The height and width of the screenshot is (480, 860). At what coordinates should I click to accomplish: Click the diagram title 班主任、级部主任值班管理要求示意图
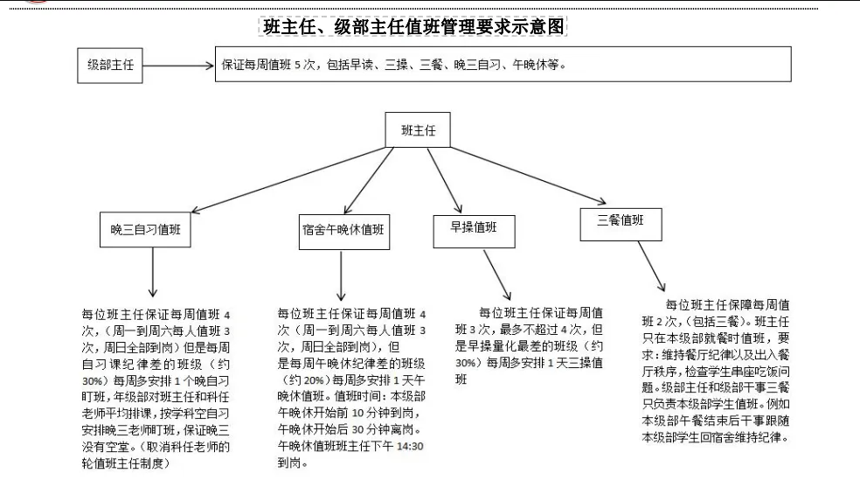point(415,27)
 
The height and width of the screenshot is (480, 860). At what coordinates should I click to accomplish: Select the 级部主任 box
point(111,66)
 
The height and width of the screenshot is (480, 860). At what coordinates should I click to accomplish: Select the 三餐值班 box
point(620,222)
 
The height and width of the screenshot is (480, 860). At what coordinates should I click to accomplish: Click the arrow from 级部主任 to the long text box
point(178,66)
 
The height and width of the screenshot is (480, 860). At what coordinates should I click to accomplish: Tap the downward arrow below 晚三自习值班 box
point(154,275)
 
